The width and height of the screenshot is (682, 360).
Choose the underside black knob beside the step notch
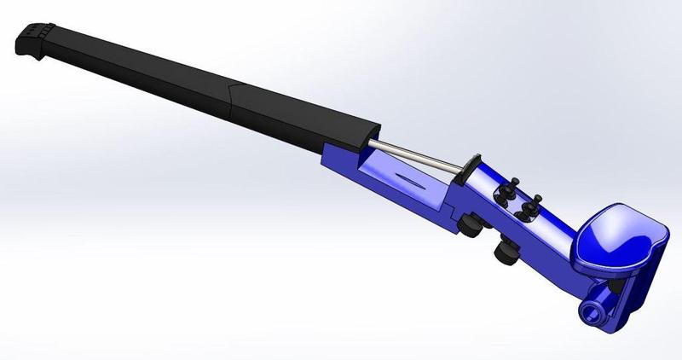click(470, 225)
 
